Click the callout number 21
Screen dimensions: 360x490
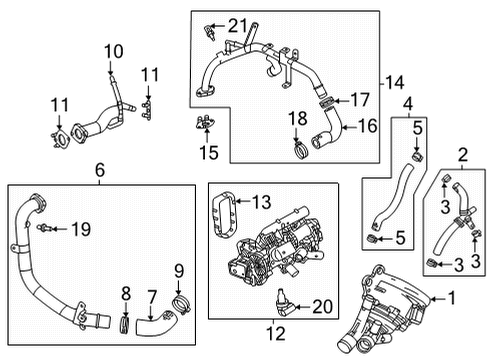(x=236, y=24)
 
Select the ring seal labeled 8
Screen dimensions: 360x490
(x=125, y=321)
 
